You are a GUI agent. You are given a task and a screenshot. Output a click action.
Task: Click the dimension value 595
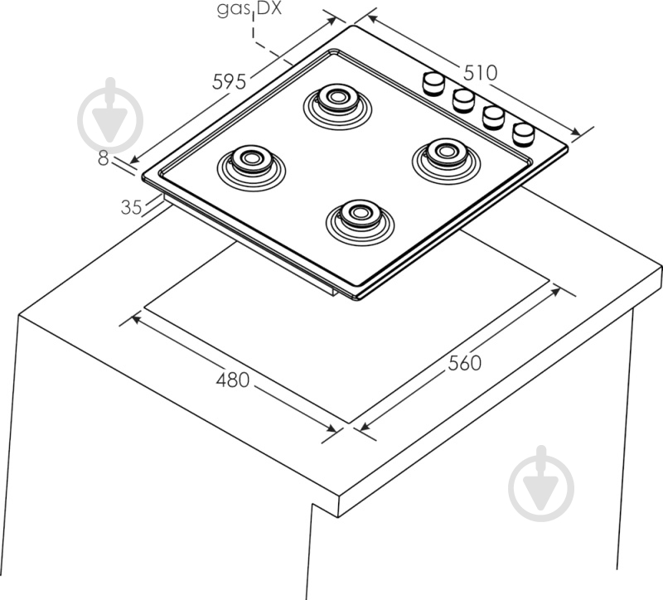(x=230, y=82)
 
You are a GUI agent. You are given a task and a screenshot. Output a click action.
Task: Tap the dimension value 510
(x=480, y=73)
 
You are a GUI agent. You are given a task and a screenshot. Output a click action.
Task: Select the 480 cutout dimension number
(x=233, y=380)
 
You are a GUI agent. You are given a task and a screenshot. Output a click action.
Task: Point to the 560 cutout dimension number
(x=465, y=362)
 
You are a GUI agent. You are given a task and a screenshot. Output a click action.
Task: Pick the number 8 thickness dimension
(x=103, y=159)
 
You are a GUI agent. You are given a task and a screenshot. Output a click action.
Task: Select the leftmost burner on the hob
(x=250, y=159)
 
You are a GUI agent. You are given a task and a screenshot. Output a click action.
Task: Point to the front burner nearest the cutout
(x=360, y=215)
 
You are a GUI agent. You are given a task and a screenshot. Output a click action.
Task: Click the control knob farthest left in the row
(x=434, y=83)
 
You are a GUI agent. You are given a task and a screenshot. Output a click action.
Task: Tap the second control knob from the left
(x=463, y=99)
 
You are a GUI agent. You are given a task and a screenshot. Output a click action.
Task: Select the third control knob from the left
(x=494, y=116)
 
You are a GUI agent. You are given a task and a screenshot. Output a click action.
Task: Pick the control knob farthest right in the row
(x=524, y=133)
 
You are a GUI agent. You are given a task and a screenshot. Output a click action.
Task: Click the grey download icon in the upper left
(x=110, y=116)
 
